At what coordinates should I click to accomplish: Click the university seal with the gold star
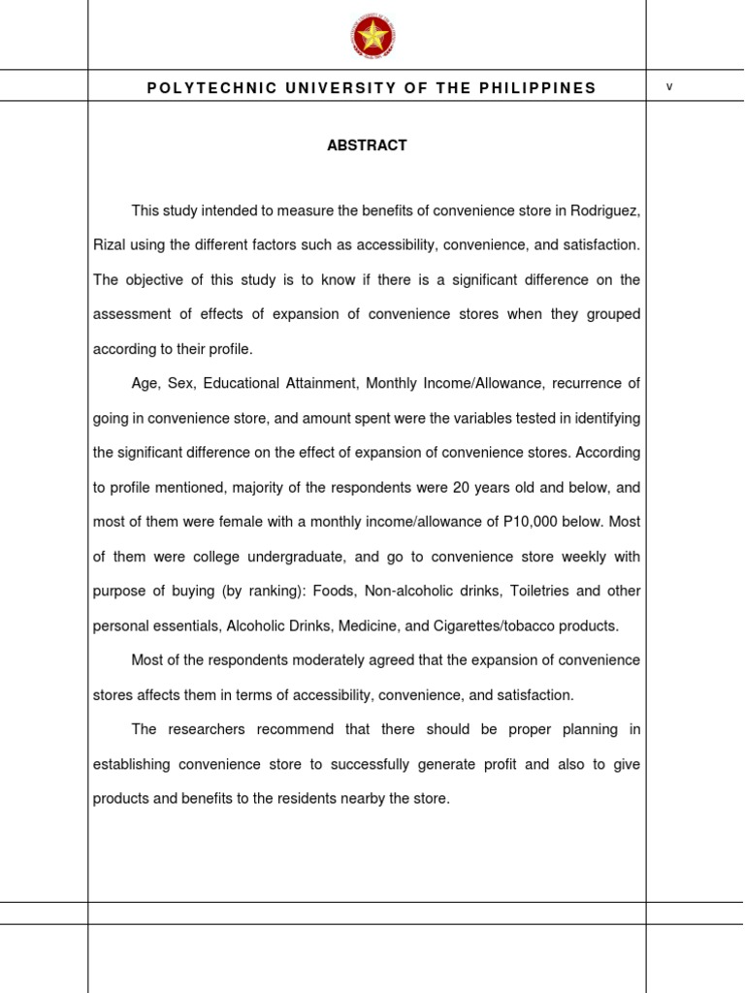(372, 38)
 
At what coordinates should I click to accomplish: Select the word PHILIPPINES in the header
(546, 88)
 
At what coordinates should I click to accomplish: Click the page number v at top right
(669, 86)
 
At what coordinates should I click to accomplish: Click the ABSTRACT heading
(367, 145)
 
